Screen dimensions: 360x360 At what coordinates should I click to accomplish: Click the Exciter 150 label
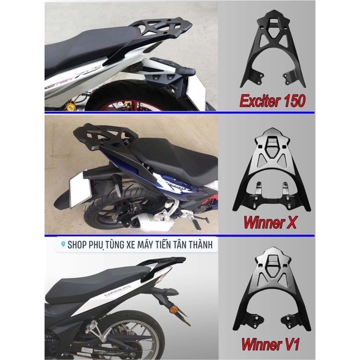coord(273,100)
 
